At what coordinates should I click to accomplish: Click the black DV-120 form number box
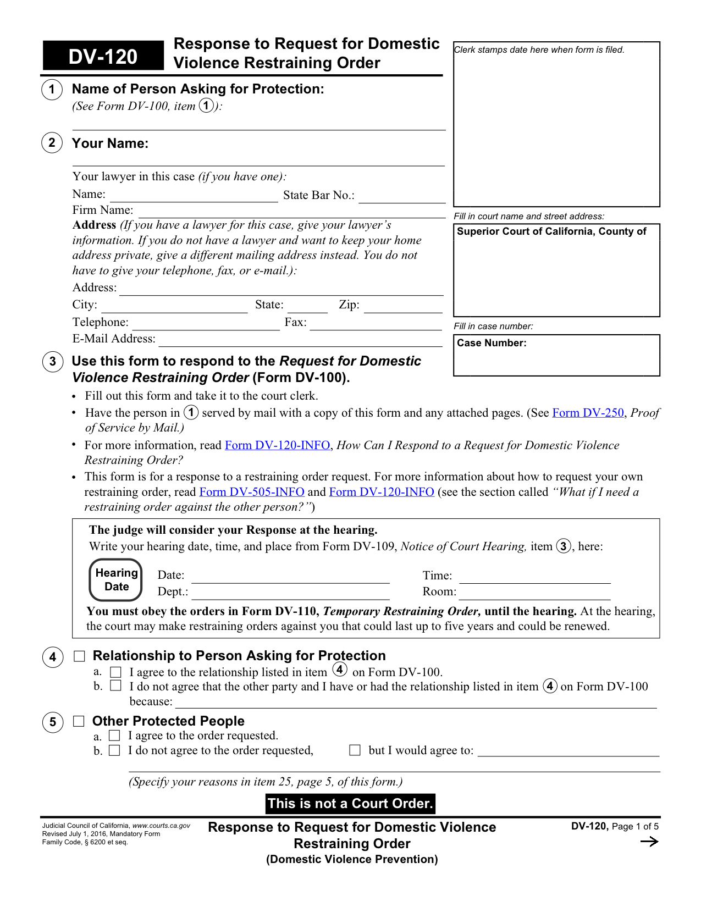tap(103, 56)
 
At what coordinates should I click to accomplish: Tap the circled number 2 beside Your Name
tap(52, 143)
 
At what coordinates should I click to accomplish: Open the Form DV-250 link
tap(588, 413)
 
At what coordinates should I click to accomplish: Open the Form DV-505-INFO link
tap(252, 492)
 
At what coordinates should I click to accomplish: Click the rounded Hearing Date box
tap(116, 580)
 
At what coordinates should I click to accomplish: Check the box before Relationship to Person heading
tap(80, 656)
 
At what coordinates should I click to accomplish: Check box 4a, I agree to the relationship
tap(116, 672)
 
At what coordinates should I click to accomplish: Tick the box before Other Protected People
tap(79, 721)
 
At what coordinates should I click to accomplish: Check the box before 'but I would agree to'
tap(355, 750)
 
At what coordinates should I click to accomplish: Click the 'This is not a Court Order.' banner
tap(350, 804)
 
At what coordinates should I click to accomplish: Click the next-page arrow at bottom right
tap(649, 842)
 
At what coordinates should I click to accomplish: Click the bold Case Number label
tap(492, 343)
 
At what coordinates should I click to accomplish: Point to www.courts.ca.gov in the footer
tap(161, 826)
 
